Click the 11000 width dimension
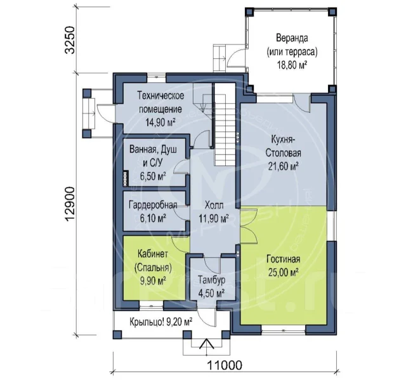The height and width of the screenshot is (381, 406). [x=225, y=365]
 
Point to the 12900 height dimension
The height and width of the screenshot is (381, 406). [x=70, y=204]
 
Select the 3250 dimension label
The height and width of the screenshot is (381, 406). [x=70, y=39]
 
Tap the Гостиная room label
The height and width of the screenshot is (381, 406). [x=284, y=259]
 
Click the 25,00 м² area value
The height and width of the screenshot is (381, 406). [x=284, y=273]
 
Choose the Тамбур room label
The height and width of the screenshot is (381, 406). [x=211, y=280]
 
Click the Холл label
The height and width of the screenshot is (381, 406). [x=214, y=205]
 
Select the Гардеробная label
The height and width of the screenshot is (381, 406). [x=153, y=205]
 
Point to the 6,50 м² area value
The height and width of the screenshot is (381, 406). [x=153, y=176]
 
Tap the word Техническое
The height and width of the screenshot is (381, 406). [x=160, y=96]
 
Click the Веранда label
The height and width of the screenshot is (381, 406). [x=292, y=38]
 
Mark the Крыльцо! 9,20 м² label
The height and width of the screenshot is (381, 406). [x=160, y=322]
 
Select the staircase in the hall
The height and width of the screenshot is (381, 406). [x=225, y=125]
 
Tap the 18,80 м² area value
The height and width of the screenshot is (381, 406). [x=292, y=65]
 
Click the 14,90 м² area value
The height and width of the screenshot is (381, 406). [x=160, y=122]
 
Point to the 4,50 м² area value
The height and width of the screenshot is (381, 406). [x=211, y=294]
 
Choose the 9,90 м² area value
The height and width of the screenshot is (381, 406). [x=153, y=281]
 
